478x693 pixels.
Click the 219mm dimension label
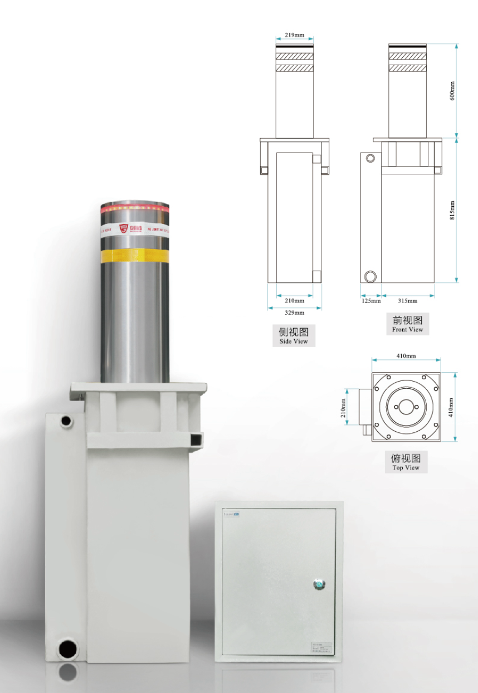point(294,35)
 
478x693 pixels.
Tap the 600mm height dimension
point(452,91)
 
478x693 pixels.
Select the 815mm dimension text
point(452,211)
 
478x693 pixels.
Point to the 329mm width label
point(294,313)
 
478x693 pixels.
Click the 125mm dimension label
point(370,301)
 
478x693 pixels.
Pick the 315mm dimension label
point(407,301)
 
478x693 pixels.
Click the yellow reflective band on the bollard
point(134,255)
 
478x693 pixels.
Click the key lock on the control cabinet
point(319,584)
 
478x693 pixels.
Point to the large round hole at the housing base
point(69,650)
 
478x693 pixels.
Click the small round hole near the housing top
point(66,421)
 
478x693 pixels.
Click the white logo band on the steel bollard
point(134,228)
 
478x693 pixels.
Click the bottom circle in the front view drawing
point(370,276)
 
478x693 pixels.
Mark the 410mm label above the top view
point(406,355)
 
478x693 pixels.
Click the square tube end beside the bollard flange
point(196,440)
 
